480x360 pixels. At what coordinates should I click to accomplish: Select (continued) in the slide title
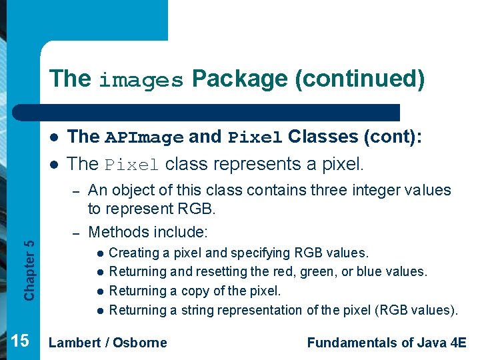point(360,79)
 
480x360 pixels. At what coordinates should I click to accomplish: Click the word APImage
point(144,137)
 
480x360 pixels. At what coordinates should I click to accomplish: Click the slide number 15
point(20,341)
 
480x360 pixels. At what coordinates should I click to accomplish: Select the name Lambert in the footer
point(75,343)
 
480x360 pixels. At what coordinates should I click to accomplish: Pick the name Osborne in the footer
point(139,343)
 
